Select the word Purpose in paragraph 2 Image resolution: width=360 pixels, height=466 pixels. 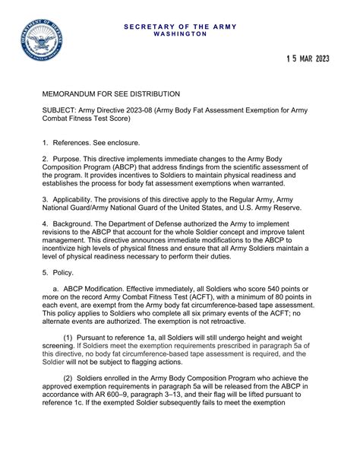point(70,160)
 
